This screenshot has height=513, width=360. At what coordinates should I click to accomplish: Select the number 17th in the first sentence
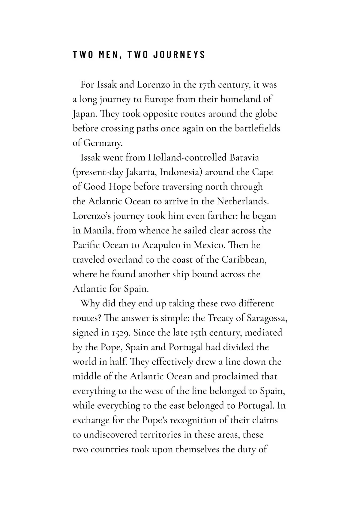point(206,85)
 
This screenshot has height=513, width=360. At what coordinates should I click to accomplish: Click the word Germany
point(103,143)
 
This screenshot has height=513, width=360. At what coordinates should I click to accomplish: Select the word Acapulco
point(161,245)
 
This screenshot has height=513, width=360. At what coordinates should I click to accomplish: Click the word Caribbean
point(244,259)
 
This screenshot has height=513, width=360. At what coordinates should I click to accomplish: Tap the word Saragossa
point(267,318)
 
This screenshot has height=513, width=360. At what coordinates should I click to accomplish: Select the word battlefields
point(257,128)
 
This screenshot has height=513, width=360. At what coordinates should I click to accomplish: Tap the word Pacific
point(86,245)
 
